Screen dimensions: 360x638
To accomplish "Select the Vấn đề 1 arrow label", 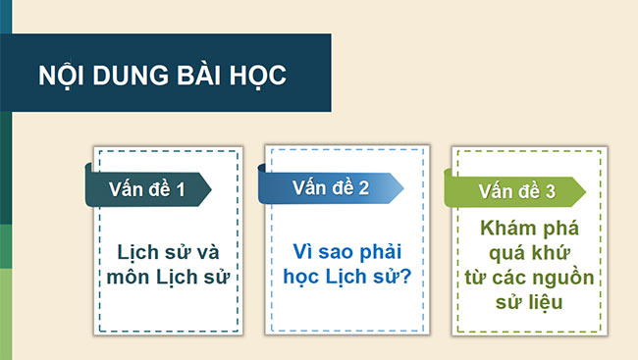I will point(146,188).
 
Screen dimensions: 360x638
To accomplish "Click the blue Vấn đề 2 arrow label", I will point(330,187).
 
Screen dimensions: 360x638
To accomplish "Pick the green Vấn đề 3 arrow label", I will point(516,192).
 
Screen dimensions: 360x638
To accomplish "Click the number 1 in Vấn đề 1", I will point(180,188).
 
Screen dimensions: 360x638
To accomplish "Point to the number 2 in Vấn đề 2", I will point(363,187).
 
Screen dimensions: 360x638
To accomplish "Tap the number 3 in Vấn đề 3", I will point(550,192).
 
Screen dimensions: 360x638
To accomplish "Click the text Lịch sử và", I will point(168,250).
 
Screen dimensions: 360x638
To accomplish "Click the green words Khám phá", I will point(530,228).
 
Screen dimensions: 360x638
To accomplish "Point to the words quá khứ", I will point(530,252).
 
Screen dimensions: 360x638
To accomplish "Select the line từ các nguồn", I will point(530,277).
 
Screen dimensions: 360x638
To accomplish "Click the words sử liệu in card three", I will point(530,301).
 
